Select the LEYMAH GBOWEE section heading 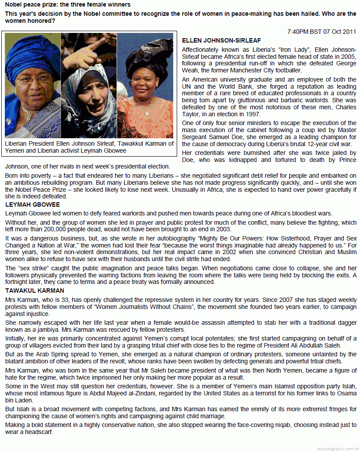(x=32, y=204)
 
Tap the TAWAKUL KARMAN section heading (x=35, y=291)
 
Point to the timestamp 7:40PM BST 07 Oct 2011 (x=322, y=32)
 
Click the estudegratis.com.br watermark (x=338, y=448)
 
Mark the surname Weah (x=191, y=70)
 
